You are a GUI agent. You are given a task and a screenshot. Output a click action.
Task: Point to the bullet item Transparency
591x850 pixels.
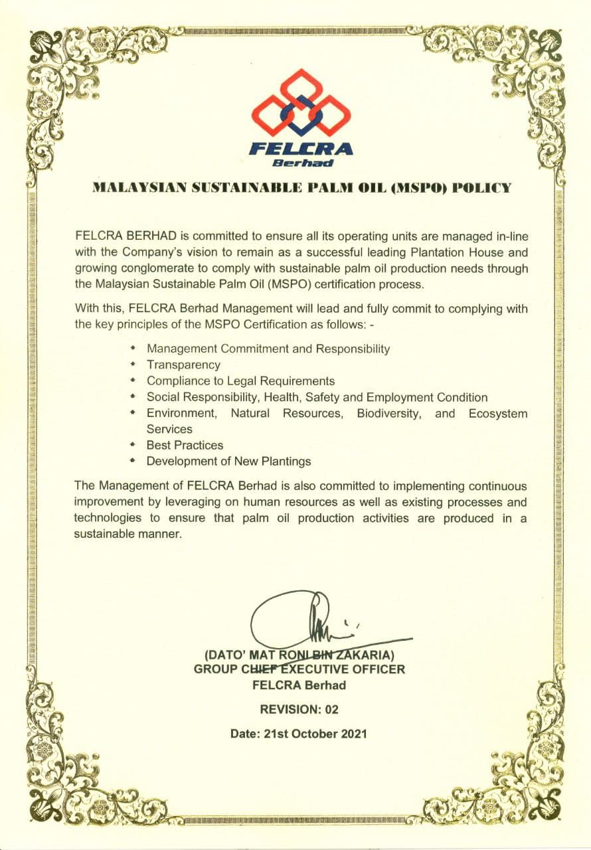(x=183, y=365)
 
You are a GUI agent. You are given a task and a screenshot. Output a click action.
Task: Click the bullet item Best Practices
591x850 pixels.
(x=185, y=445)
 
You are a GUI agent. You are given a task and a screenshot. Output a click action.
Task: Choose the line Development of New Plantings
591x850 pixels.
(x=228, y=461)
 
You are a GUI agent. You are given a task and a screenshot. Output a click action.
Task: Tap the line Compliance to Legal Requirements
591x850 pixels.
(x=240, y=381)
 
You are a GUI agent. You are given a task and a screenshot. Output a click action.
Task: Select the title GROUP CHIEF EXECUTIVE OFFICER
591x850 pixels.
(x=299, y=669)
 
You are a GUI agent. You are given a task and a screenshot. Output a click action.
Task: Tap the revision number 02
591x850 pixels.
(x=331, y=710)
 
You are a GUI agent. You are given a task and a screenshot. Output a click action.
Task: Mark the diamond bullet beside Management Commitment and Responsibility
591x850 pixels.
(x=133, y=348)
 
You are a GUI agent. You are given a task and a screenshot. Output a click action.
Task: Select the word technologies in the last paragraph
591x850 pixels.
(x=108, y=518)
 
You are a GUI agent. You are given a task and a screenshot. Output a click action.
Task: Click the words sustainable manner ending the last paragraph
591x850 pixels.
(x=127, y=534)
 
